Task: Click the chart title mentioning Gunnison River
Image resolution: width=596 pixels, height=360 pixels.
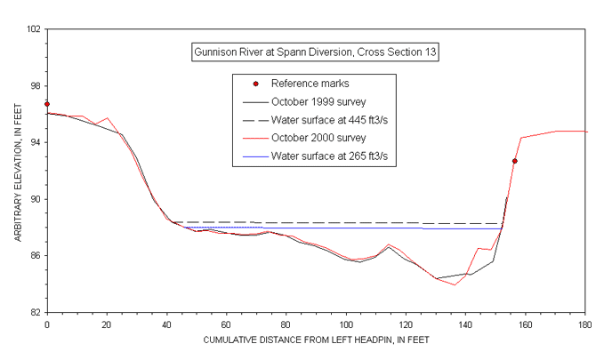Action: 315,52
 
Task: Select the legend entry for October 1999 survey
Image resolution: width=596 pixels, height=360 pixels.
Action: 318,101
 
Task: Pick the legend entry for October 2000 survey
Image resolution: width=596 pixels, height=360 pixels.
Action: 318,138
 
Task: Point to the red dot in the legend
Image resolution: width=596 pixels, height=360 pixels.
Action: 255,84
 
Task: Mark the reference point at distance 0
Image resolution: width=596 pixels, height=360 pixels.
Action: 46,104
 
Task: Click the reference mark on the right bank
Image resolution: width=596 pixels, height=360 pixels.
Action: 514,161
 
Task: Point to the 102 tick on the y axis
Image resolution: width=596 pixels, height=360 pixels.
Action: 33,29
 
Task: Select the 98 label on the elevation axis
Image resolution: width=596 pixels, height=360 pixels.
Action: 35,85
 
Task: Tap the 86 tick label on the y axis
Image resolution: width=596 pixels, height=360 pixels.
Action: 35,256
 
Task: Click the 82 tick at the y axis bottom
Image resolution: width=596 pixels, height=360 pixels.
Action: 35,312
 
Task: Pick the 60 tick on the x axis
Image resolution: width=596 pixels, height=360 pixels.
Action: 226,324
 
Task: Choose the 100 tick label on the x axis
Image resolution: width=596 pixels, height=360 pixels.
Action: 345,324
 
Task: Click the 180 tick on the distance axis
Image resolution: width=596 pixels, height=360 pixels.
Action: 584,324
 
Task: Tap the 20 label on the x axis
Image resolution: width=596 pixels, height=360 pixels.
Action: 106,324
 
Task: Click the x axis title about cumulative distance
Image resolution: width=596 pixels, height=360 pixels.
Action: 316,340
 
